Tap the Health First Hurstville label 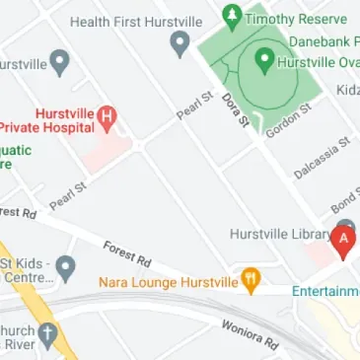pos(137,22)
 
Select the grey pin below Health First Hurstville pos(180,42)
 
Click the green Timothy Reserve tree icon pos(232,16)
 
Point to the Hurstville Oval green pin pos(264,59)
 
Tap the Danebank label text pos(323,42)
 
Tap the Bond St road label pos(344,201)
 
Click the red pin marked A pos(344,240)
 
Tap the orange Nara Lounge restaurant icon pos(251,281)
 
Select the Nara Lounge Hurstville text pos(168,282)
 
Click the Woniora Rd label pos(251,333)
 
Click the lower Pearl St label pos(68,192)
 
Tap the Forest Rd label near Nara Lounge pos(126,253)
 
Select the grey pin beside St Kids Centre pos(65,266)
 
